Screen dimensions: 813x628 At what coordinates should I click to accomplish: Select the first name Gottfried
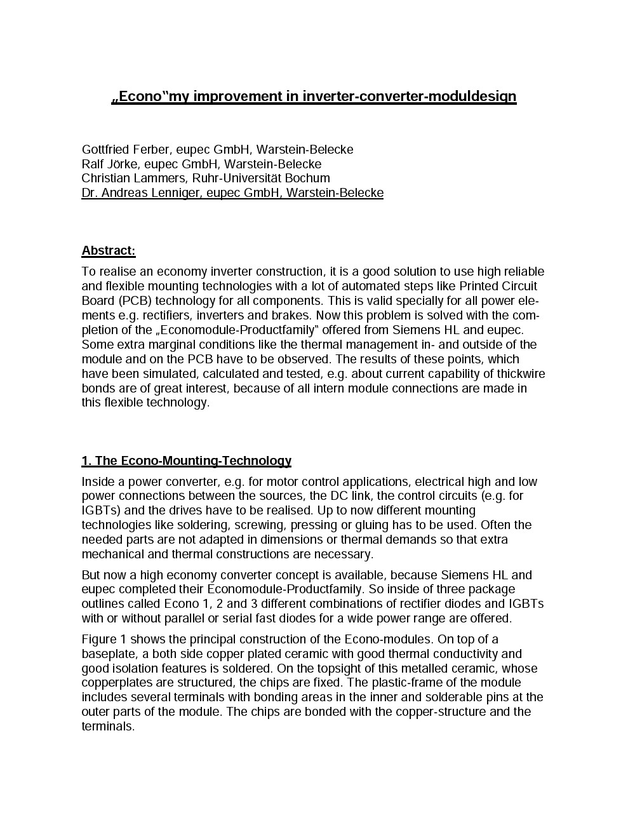105,150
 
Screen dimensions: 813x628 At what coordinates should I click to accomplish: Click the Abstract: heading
109,251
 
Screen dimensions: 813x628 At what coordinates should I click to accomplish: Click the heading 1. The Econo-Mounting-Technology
186,461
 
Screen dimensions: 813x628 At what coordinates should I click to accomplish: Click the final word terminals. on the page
108,727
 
